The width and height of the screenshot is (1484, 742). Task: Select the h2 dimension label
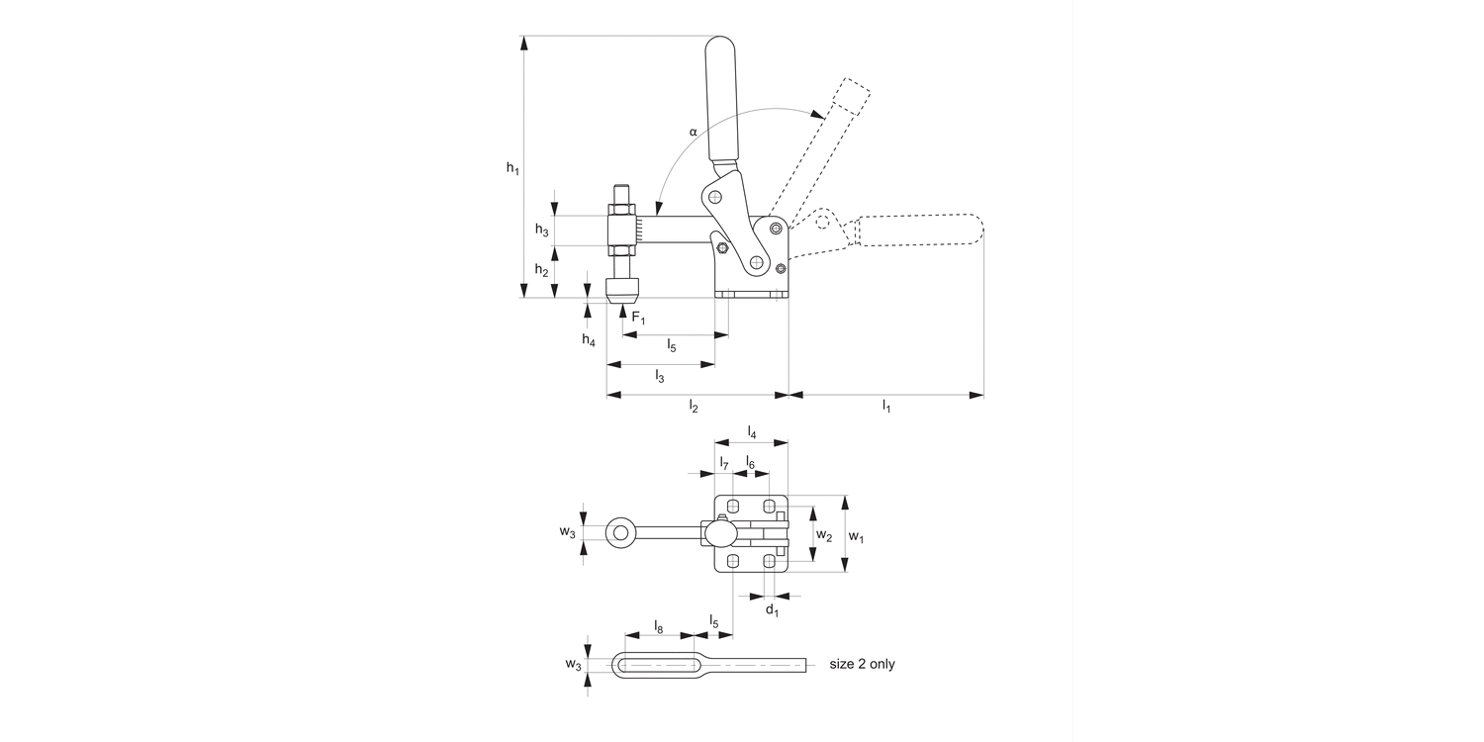pos(541,270)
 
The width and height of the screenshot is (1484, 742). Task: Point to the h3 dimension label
pos(541,230)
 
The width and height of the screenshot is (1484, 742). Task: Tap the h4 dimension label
pos(589,340)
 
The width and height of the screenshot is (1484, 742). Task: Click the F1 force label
pos(638,318)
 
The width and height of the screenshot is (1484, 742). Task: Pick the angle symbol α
pos(693,131)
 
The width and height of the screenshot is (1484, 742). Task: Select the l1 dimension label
pos(886,407)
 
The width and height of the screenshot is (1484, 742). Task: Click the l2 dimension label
pos(695,407)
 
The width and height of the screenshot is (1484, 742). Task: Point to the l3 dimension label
pos(660,376)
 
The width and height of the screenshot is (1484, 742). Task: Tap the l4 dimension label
pos(752,432)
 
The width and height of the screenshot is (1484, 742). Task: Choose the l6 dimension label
pos(750,463)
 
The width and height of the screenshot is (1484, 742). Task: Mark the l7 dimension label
pos(724,463)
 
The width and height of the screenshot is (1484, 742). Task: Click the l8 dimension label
pos(659,626)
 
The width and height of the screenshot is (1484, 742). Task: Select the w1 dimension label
pos(857,539)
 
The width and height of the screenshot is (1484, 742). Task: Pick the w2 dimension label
pos(822,534)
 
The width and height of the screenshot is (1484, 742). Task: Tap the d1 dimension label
pos(773,610)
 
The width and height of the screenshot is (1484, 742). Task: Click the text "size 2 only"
pos(862,664)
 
